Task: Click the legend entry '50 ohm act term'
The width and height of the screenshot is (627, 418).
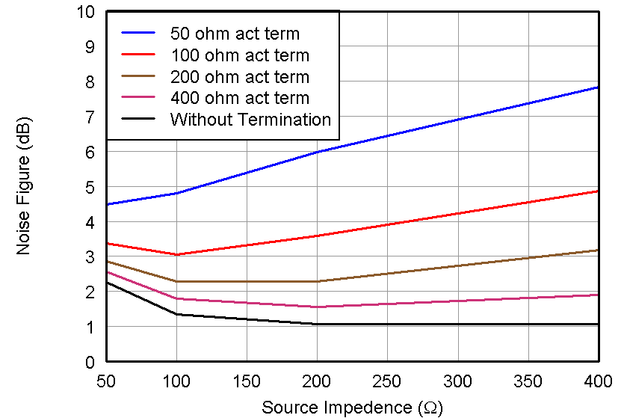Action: pyautogui.click(x=235, y=34)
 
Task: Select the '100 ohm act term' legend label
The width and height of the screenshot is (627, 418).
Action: pyautogui.click(x=239, y=55)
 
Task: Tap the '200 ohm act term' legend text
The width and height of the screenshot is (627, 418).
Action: pyautogui.click(x=239, y=77)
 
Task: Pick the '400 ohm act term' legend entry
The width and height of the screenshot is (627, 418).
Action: pyautogui.click(x=239, y=98)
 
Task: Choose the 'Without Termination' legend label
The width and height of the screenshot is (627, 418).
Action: pyautogui.click(x=250, y=120)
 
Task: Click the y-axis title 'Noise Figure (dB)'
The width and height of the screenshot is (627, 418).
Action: pyautogui.click(x=24, y=186)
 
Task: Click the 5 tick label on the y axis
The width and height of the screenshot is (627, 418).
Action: pyautogui.click(x=90, y=187)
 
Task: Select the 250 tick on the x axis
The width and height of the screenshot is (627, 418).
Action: pyautogui.click(x=387, y=381)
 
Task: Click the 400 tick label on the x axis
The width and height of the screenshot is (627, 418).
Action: pyautogui.click(x=598, y=381)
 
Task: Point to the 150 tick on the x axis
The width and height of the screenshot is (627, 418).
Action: pyautogui.click(x=247, y=381)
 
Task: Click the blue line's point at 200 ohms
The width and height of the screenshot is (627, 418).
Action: pyautogui.click(x=317, y=152)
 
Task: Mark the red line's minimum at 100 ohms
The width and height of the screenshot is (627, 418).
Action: pyautogui.click(x=176, y=255)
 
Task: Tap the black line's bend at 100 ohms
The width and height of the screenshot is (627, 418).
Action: pyautogui.click(x=176, y=314)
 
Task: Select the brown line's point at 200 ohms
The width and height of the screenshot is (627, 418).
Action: pyautogui.click(x=317, y=281)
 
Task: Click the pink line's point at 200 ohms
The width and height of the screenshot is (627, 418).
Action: pyautogui.click(x=317, y=307)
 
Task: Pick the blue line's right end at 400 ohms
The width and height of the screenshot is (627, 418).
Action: pyautogui.click(x=598, y=87)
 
